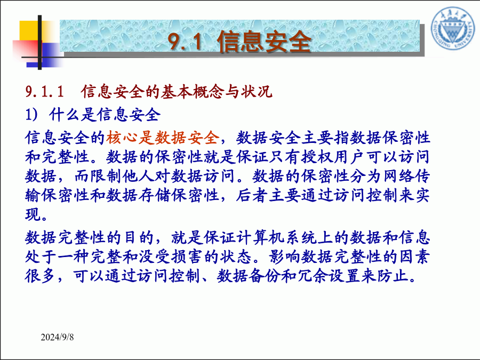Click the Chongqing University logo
point(453,29)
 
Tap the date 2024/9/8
point(57,337)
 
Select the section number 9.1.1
point(45,91)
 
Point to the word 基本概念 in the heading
point(193,91)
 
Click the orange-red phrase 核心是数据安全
point(163,138)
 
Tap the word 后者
point(252,195)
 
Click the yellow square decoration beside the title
point(30,30)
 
